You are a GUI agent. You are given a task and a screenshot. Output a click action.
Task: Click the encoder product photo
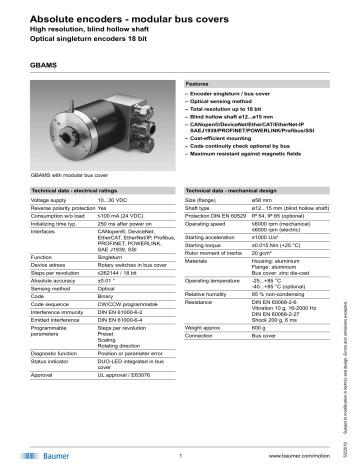click(85, 127)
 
